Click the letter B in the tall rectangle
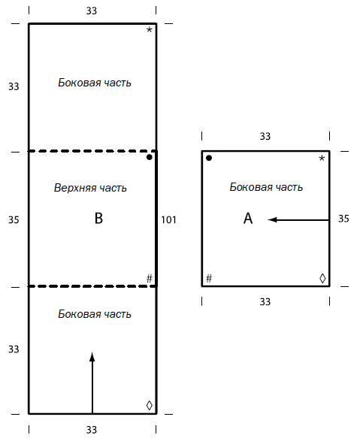click(98, 219)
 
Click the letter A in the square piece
click(248, 219)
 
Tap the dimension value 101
click(168, 220)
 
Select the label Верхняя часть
click(90, 188)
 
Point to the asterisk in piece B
click(150, 29)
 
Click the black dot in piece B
click(150, 157)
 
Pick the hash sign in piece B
click(150, 278)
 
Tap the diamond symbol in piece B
click(150, 405)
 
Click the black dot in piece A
click(209, 158)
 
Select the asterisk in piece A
click(322, 159)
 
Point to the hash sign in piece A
click(209, 279)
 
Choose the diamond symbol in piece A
click(322, 279)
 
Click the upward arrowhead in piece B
click(92, 356)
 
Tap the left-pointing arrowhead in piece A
click(272, 220)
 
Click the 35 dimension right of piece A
click(343, 219)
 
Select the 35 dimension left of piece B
click(14, 220)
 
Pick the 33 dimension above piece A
click(265, 136)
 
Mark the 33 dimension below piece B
click(92, 430)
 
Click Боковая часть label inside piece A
click(266, 187)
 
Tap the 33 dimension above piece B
click(92, 11)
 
